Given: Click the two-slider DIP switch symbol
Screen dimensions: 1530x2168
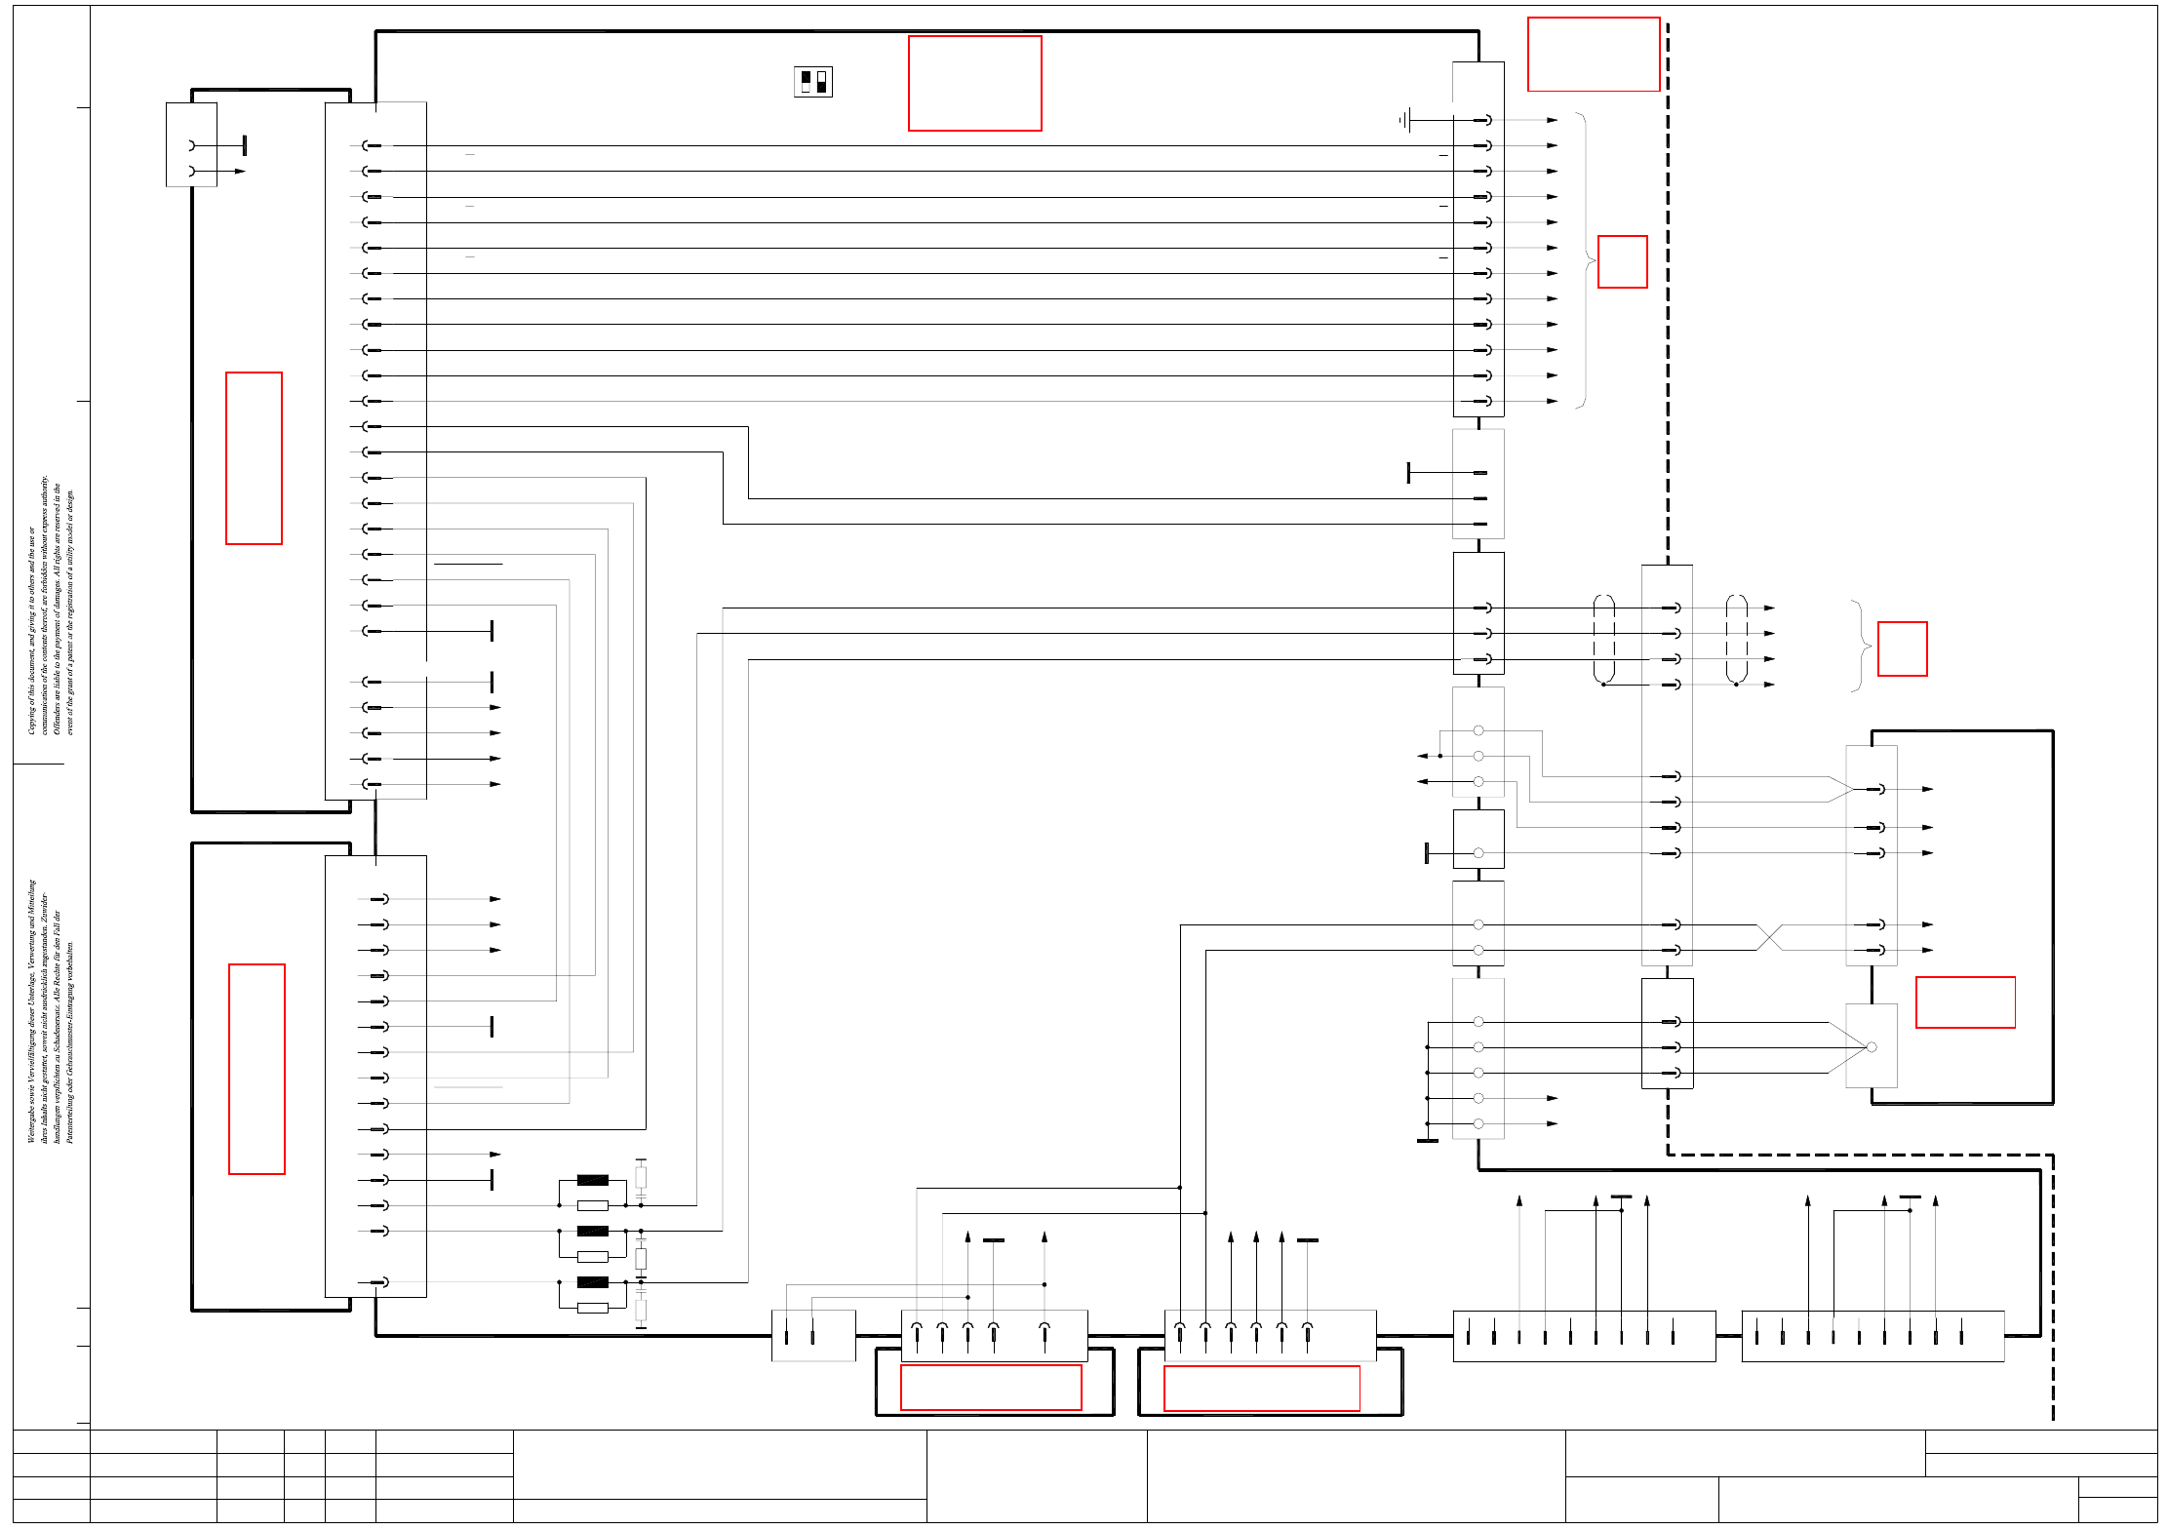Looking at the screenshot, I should [x=813, y=82].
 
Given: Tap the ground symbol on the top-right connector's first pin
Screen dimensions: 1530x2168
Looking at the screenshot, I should [x=1404, y=120].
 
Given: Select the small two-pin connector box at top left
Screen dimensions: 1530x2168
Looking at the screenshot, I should [x=191, y=144].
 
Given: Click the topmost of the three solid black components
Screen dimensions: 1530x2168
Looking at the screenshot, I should [x=592, y=1180].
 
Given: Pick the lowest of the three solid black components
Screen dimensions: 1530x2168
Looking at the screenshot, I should [x=592, y=1282].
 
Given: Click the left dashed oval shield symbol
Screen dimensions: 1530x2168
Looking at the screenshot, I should [x=1603, y=639].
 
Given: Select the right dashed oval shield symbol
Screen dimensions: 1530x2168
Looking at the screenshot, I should [x=1736, y=639].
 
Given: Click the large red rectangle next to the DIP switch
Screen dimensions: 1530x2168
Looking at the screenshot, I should [x=974, y=83].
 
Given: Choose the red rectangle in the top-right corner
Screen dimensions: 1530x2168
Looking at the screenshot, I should [x=1594, y=55].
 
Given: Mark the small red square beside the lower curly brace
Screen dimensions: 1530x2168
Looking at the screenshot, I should [x=1902, y=648].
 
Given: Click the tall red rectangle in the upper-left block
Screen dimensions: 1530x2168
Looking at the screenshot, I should [x=254, y=457].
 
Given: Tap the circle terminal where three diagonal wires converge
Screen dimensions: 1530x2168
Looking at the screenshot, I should [x=1871, y=1047].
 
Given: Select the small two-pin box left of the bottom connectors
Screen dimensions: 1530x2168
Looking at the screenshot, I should [x=813, y=1335].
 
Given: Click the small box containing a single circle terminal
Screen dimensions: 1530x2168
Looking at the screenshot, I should [x=1478, y=839].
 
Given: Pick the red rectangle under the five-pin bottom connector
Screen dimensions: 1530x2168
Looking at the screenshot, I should [x=991, y=1387].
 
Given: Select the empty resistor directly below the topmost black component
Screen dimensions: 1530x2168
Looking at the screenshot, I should [x=592, y=1206].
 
